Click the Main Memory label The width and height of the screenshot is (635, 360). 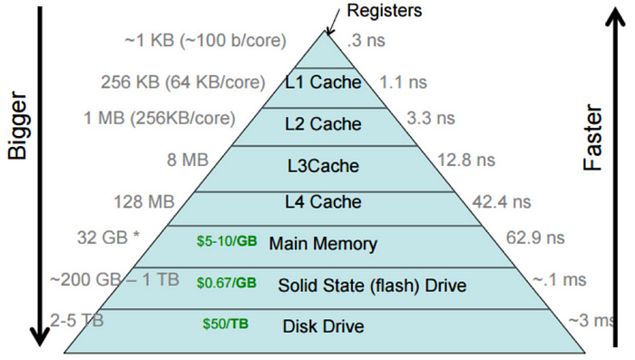point(324,244)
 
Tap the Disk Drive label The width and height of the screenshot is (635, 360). point(323,326)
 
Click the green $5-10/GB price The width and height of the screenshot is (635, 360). point(227,243)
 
